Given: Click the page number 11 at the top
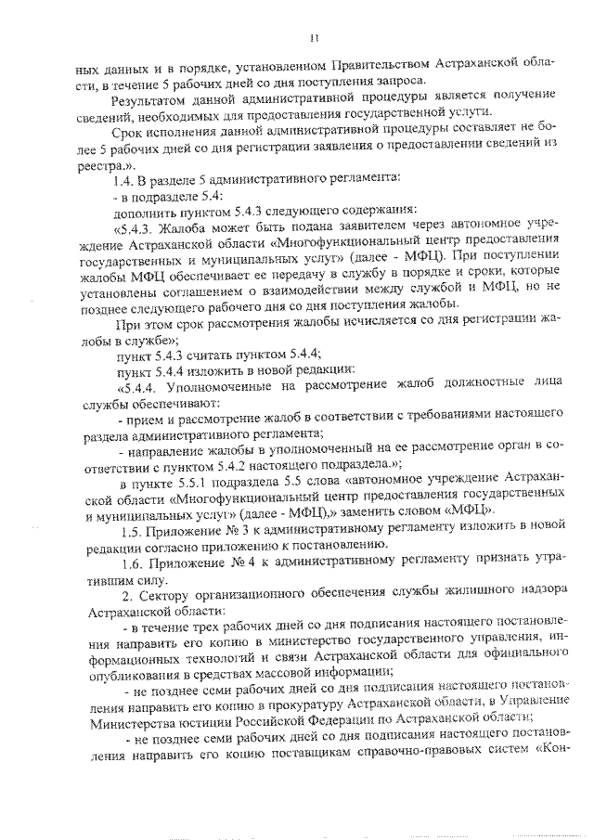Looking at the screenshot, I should (315, 38).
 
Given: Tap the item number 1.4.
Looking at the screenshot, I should (123, 176).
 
